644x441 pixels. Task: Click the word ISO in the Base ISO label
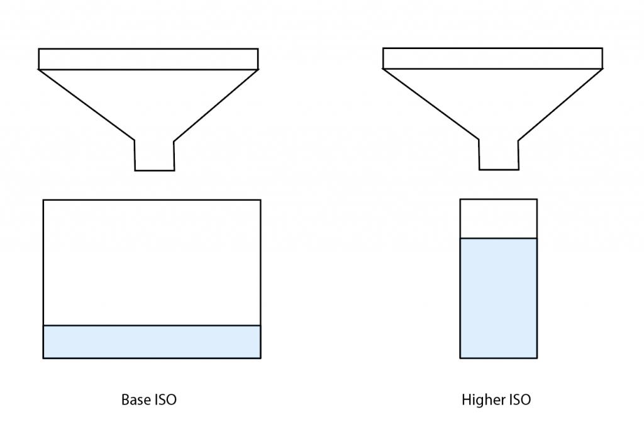coord(165,399)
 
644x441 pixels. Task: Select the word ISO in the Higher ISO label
coord(519,399)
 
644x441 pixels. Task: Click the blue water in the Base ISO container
coord(152,342)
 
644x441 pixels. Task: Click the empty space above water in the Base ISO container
coord(152,262)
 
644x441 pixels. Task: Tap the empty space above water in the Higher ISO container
coord(499,218)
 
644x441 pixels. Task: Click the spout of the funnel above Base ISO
coord(154,155)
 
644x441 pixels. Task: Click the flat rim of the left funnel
coord(148,59)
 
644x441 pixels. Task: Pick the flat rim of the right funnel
coord(493,58)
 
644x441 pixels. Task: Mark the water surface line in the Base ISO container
coord(152,325)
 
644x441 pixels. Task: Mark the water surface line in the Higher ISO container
coord(499,238)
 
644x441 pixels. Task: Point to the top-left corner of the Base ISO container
coord(43,200)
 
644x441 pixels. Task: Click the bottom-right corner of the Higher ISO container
coord(537,357)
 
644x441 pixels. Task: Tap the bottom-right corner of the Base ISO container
coord(260,358)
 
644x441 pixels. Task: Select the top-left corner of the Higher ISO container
coord(460,199)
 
